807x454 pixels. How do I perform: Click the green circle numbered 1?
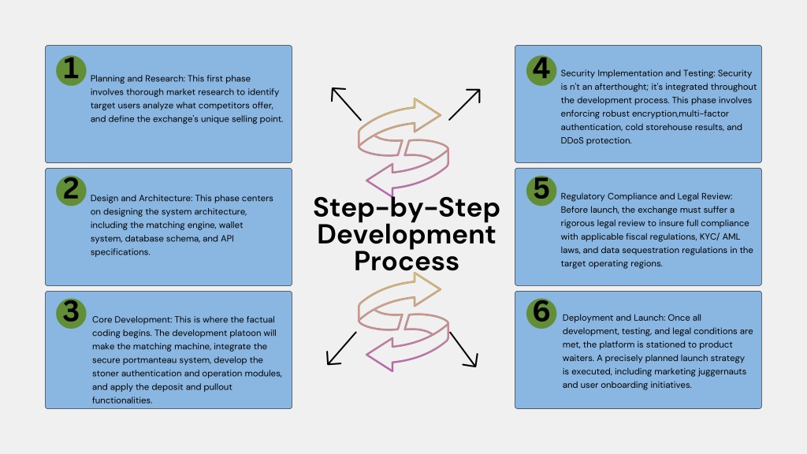pyautogui.click(x=71, y=70)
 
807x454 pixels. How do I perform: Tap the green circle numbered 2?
pyautogui.click(x=71, y=191)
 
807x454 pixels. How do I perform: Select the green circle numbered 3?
pyautogui.click(x=71, y=313)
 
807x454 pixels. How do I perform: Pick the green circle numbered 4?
pyautogui.click(x=541, y=70)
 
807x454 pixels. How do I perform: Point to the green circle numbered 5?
pyautogui.click(x=541, y=191)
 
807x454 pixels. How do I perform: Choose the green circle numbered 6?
pyautogui.click(x=541, y=313)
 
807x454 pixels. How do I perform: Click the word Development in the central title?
pyautogui.click(x=406, y=235)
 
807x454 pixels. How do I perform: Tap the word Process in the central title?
pyautogui.click(x=406, y=261)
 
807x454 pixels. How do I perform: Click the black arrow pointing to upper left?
pyautogui.click(x=346, y=104)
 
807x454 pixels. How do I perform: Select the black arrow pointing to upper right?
pyautogui.click(x=465, y=105)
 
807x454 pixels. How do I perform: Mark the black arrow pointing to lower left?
pyautogui.click(x=342, y=348)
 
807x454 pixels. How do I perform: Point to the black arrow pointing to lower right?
pyautogui.click(x=463, y=349)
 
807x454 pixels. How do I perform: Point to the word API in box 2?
pyautogui.click(x=227, y=238)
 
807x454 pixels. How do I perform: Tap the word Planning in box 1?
pyautogui.click(x=107, y=79)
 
